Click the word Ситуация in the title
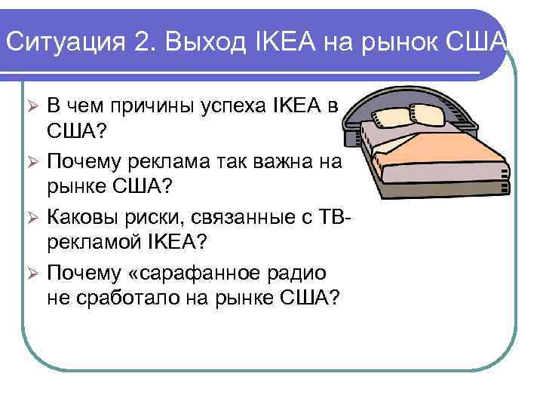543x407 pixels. (x=60, y=41)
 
